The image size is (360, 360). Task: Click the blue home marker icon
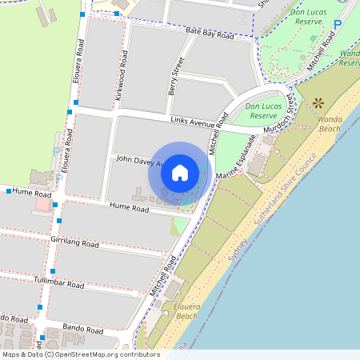point(180,172)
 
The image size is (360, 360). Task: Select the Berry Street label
point(174,75)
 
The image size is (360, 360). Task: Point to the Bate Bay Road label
point(210,33)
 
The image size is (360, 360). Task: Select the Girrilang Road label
point(74,242)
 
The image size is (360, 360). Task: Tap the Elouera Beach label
point(178,310)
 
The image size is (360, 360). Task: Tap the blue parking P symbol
point(337,24)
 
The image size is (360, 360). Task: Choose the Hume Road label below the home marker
point(130,208)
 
